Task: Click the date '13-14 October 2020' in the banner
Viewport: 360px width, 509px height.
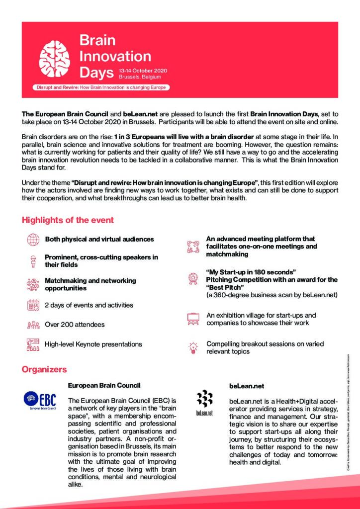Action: tap(143, 71)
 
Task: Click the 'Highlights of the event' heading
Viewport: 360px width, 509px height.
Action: tap(68, 220)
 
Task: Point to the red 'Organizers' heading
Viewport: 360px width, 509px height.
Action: tap(44, 369)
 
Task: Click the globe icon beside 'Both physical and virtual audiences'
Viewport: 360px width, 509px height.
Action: tap(33, 239)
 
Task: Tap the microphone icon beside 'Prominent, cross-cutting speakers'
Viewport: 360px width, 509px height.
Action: tap(33, 261)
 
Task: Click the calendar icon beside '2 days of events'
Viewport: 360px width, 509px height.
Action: tap(33, 305)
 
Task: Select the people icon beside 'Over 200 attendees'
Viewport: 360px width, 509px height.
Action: tap(33, 325)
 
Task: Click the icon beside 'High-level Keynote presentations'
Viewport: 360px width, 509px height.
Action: tap(33, 344)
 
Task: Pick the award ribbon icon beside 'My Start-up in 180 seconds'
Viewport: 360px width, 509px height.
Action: tap(193, 279)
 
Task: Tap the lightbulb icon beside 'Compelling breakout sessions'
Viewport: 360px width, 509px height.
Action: tap(193, 347)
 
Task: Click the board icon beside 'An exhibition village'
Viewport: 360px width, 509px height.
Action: tap(193, 319)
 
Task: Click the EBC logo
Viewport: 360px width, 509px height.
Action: tap(40, 400)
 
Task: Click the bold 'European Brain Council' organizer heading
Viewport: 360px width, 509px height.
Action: tap(104, 385)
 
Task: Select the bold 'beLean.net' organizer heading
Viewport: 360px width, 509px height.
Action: tap(247, 385)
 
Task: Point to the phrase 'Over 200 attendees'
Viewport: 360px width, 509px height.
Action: tap(75, 325)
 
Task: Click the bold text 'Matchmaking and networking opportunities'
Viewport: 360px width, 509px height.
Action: tap(90, 284)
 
